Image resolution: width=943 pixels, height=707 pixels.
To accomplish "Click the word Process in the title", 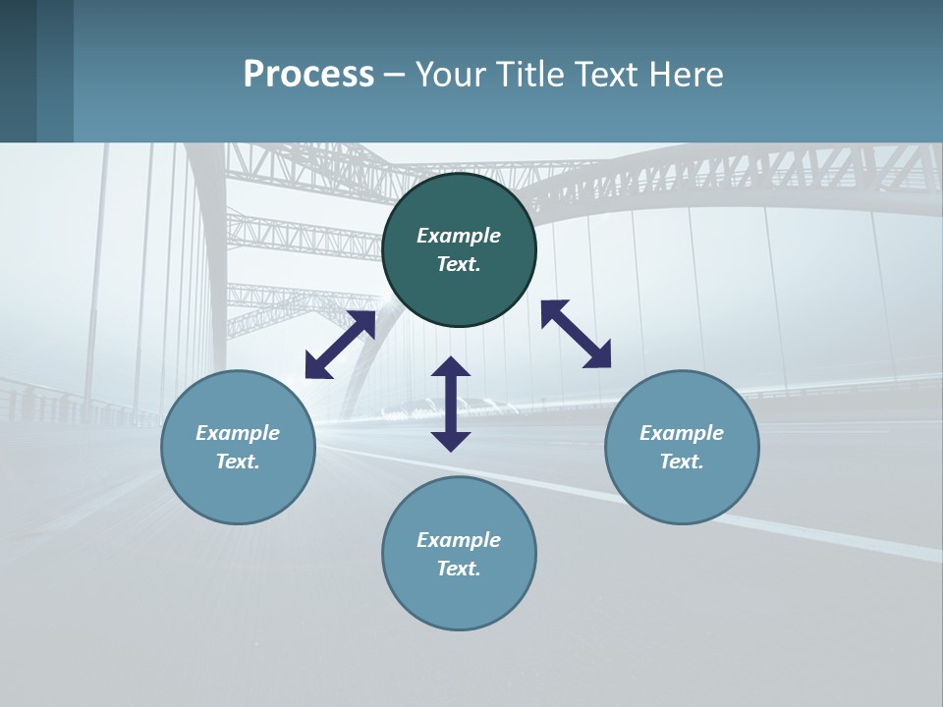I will coord(308,75).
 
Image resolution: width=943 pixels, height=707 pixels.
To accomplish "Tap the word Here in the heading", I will coord(687,75).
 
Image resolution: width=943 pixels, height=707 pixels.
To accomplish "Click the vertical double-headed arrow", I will coord(451,404).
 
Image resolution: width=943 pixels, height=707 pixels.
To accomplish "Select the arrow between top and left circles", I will coord(340,345).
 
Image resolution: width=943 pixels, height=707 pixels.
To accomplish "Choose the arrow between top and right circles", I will coord(576,334).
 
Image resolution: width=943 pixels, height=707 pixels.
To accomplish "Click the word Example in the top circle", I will coord(459,236).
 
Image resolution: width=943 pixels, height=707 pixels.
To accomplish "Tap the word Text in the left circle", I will coord(238,462).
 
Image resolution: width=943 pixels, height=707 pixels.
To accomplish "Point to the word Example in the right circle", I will coord(682,433).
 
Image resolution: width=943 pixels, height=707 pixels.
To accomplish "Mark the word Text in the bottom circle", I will coord(459,569).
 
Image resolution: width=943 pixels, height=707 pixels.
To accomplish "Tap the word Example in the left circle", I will coord(238,433).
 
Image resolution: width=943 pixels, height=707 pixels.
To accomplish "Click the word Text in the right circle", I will coord(682,462).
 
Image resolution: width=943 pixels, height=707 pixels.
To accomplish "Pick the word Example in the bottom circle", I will coord(459,540).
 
